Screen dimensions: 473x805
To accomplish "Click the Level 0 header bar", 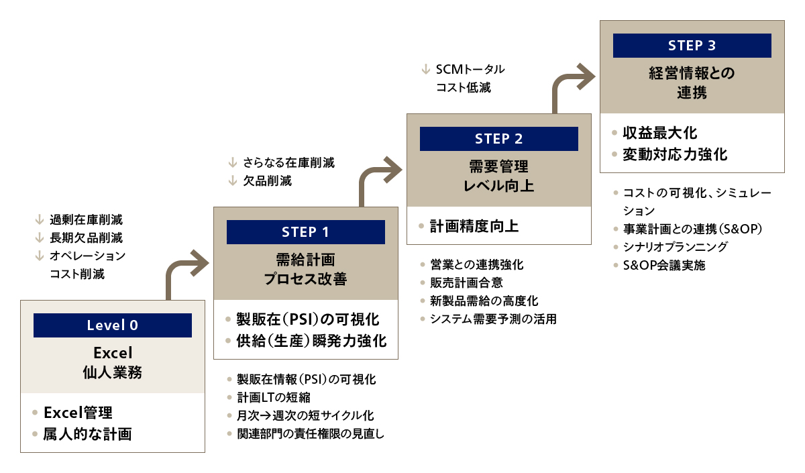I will point(113,325).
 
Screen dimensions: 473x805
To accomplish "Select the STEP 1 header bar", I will point(306,232).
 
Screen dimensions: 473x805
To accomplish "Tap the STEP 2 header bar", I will point(498,139).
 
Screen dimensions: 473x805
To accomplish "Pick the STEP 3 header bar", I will point(692,46).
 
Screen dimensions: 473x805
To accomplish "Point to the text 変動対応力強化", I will point(675,154).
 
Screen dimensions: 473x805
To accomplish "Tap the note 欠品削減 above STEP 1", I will point(267,181).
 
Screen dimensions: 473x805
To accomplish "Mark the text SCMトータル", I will point(470,69).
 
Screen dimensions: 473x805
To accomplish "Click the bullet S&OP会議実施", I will point(664,265).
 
